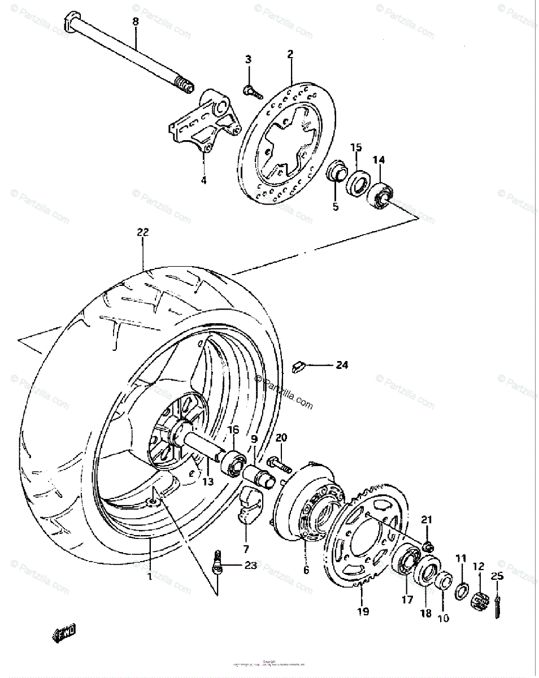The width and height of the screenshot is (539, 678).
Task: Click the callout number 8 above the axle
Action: click(x=135, y=21)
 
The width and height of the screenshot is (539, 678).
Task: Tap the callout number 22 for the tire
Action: click(x=142, y=232)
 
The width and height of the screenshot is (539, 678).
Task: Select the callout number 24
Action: click(x=341, y=365)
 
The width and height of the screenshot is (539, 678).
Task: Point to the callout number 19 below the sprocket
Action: click(x=363, y=611)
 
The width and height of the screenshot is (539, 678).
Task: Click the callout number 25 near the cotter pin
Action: click(x=497, y=577)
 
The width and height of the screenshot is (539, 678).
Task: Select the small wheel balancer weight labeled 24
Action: click(x=299, y=367)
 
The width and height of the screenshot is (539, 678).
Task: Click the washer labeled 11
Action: click(x=460, y=590)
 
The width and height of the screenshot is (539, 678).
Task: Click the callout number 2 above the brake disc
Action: click(x=290, y=55)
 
